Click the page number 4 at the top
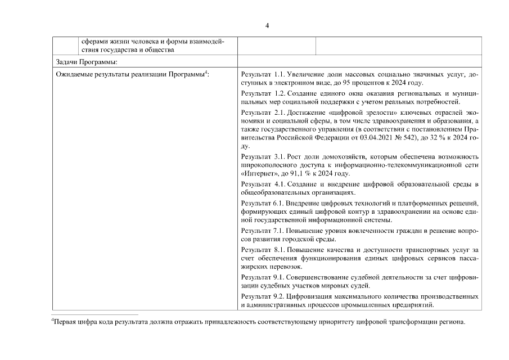[267, 26]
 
